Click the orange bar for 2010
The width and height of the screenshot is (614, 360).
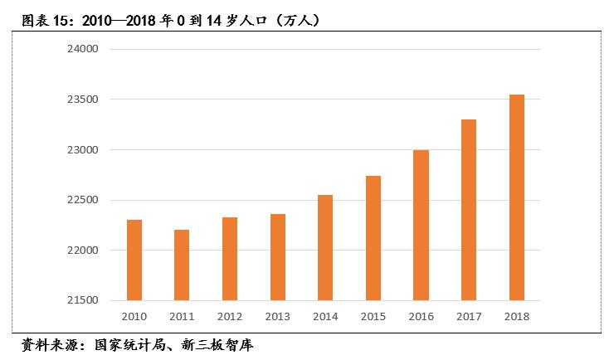tap(134, 260)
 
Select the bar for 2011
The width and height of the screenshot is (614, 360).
tap(182, 265)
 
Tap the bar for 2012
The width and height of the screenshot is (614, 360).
tap(230, 258)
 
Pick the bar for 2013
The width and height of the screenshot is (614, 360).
tap(277, 256)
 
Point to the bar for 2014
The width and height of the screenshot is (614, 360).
tap(325, 247)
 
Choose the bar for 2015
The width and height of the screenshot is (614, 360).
tap(373, 237)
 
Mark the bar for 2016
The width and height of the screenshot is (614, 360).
tap(421, 225)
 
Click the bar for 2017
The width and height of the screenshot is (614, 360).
tap(469, 210)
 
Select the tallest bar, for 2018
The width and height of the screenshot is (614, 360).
tap(516, 197)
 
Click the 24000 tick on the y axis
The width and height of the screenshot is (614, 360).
tap(82, 50)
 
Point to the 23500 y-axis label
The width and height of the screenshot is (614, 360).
tap(82, 100)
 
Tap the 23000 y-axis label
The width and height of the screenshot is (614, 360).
tap(82, 150)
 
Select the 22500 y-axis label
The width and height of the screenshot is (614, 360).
tap(82, 201)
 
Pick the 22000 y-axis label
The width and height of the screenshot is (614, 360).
tap(82, 251)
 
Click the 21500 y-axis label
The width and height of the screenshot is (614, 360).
tap(82, 300)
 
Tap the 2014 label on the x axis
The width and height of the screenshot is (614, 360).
tap(325, 316)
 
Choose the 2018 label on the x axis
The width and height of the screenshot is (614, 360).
tap(516, 316)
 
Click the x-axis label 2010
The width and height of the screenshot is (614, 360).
tap(134, 316)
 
